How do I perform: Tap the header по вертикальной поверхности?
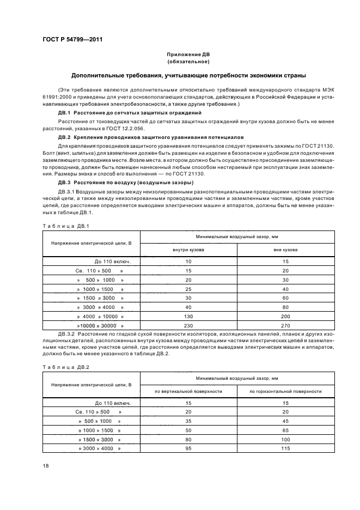pos(188,391)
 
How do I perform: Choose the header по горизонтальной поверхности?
pos(285,391)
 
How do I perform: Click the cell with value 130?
pos(188,317)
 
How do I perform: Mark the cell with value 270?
pos(285,325)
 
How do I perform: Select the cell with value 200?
pos(285,317)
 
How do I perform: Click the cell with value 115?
pos(285,448)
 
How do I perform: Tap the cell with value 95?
pos(188,448)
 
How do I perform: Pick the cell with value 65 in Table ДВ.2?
pos(285,430)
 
